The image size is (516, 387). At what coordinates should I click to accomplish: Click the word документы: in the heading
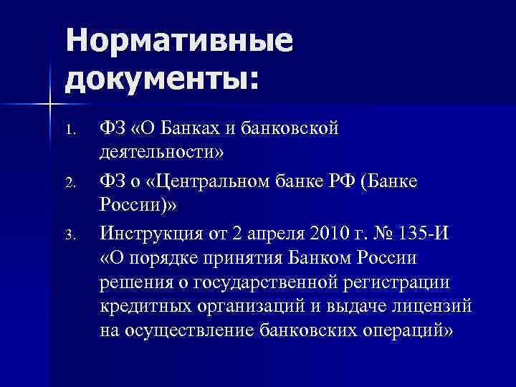[161, 76]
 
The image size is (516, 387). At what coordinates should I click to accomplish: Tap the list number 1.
[69, 131]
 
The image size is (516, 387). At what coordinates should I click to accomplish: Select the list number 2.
[69, 183]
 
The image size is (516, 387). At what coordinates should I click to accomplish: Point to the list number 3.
[69, 234]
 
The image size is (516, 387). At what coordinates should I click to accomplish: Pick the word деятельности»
[161, 154]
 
